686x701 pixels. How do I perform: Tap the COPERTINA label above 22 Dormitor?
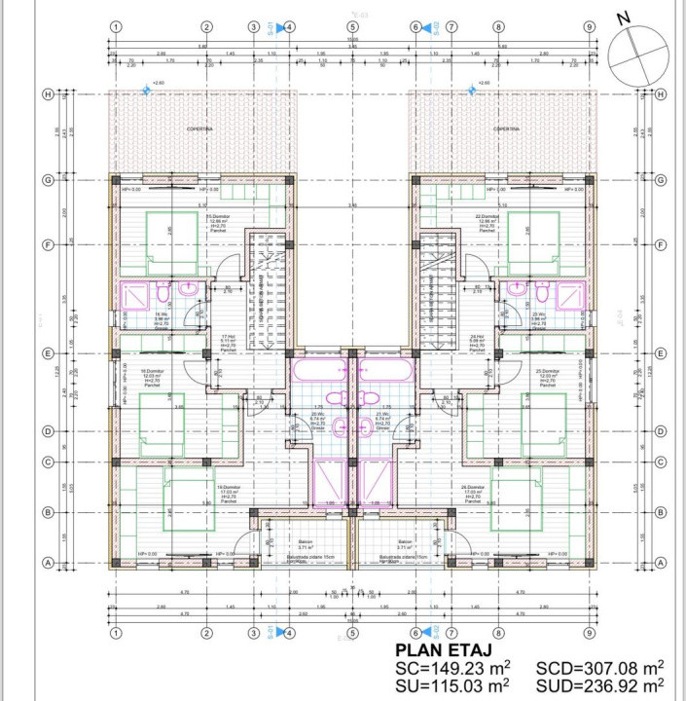[x=506, y=129]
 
